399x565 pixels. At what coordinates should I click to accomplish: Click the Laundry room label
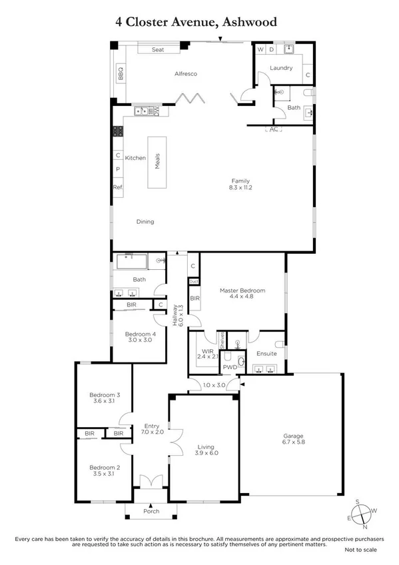point(282,68)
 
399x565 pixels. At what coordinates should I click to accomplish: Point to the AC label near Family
point(273,129)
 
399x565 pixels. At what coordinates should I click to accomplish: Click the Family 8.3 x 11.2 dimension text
point(240,185)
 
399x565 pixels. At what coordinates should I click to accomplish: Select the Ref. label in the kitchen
point(118,187)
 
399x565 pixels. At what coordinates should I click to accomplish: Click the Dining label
point(145,222)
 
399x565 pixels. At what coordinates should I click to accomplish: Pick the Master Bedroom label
point(242,294)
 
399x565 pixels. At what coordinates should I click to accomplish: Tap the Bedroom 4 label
point(140,338)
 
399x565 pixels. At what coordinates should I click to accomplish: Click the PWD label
point(230,366)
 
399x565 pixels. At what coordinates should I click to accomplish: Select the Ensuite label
point(266,353)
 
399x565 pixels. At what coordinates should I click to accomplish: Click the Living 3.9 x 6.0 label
point(204,450)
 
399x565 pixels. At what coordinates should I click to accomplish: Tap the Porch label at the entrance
point(151,512)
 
